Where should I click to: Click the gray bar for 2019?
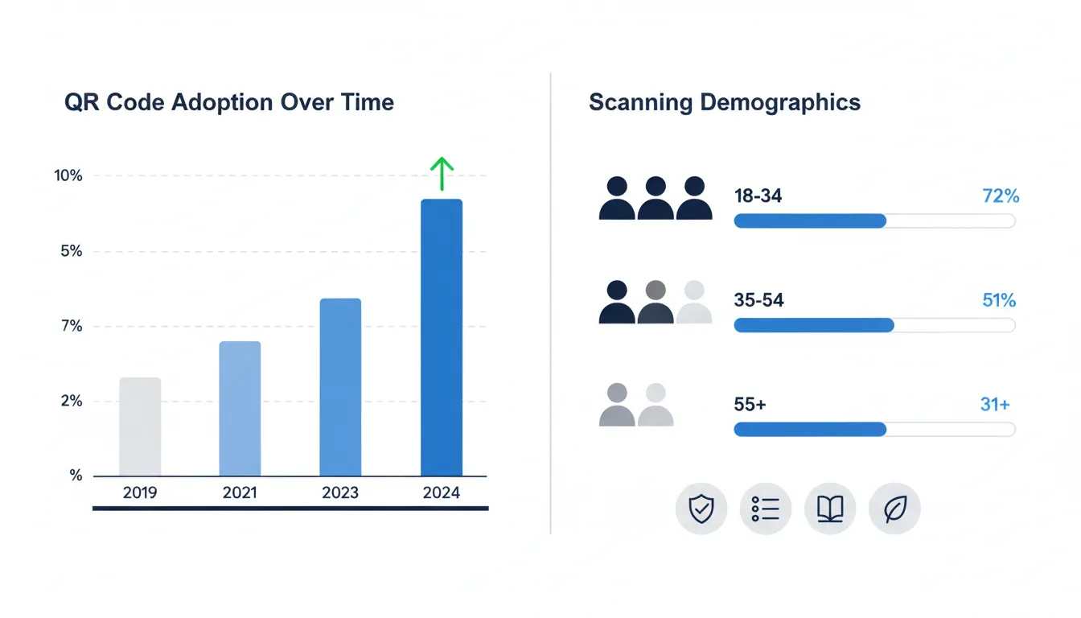click(140, 426)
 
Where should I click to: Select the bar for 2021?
click(240, 409)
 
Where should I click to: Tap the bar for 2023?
click(340, 387)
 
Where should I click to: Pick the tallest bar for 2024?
click(442, 337)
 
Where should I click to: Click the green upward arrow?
click(442, 173)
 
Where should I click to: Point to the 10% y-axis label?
click(68, 175)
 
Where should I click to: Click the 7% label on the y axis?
click(70, 326)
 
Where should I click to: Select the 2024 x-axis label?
click(442, 492)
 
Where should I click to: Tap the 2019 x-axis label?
click(141, 492)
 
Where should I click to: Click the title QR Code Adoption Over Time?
click(229, 103)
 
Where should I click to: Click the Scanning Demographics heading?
click(725, 103)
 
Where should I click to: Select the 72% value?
click(1001, 196)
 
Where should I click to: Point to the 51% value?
click(999, 300)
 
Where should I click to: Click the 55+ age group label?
click(750, 405)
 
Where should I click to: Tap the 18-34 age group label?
click(758, 196)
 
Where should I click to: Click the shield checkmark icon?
click(701, 509)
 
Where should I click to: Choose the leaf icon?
click(894, 509)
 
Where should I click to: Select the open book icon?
click(830, 509)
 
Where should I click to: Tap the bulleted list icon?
click(766, 509)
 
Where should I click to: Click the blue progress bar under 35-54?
click(814, 325)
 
